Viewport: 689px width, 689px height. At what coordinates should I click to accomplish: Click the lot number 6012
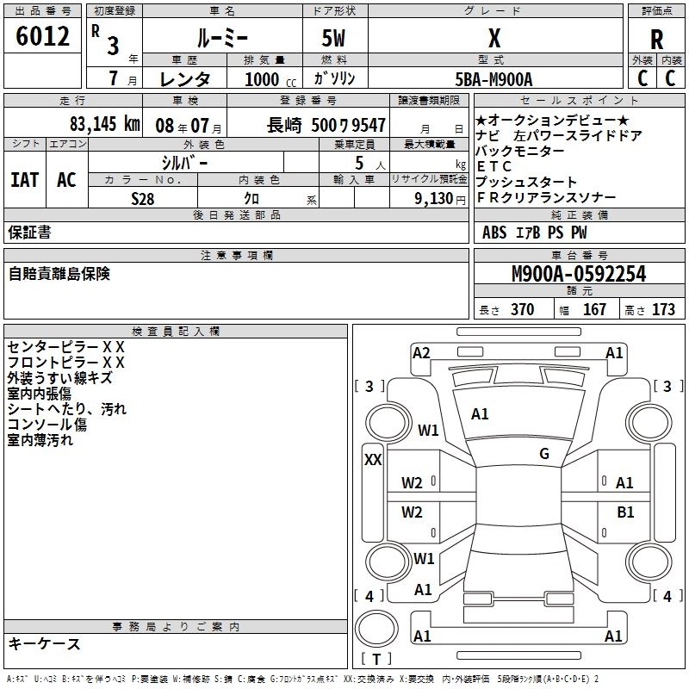(43, 37)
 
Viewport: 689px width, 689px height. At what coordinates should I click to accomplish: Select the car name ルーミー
(222, 38)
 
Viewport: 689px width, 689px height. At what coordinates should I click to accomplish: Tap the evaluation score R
(656, 39)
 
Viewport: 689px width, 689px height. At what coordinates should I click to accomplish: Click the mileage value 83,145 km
(104, 124)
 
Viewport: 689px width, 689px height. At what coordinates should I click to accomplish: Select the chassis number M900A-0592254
(578, 274)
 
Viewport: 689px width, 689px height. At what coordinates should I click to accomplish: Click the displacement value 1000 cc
(263, 79)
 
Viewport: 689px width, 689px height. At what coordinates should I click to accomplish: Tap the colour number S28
(143, 198)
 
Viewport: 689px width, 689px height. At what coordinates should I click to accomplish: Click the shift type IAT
(24, 180)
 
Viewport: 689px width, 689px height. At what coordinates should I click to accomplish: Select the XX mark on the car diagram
(373, 460)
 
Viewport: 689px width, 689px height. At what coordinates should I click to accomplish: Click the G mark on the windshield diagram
(544, 454)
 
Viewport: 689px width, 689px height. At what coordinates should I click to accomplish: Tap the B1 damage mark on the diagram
(625, 512)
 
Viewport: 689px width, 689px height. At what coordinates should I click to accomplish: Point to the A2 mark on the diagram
(421, 352)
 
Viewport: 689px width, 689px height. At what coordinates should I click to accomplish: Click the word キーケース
(44, 643)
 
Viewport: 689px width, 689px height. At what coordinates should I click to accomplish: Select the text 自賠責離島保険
(59, 274)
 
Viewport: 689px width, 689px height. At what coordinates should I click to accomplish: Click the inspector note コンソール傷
(47, 425)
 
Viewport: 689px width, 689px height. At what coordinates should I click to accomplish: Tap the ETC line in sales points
(494, 166)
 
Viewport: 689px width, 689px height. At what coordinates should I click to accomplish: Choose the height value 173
(663, 310)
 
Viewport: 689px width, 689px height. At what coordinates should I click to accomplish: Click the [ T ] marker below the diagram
(376, 660)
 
